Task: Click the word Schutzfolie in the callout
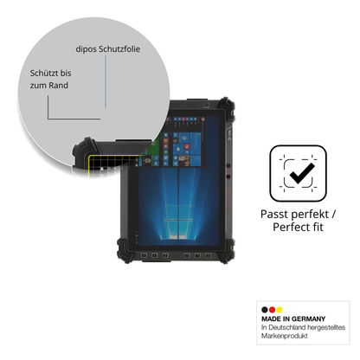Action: pos(119,49)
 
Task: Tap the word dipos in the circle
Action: pos(86,49)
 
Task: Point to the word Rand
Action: pos(58,86)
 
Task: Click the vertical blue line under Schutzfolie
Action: pos(106,81)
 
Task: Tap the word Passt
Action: pos(273,215)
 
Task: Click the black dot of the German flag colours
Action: pos(265,310)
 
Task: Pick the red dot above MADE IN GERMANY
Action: pos(272,310)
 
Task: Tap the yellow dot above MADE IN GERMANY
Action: pos(280,310)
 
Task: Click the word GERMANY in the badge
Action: pos(308,318)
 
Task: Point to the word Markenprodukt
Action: pos(285,336)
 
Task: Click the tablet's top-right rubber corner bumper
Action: pos(227,108)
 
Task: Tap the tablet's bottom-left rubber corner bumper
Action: pos(124,251)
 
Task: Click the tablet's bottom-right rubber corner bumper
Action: pos(227,251)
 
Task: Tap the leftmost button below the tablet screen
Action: pos(144,255)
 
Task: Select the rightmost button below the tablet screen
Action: pos(208,255)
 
